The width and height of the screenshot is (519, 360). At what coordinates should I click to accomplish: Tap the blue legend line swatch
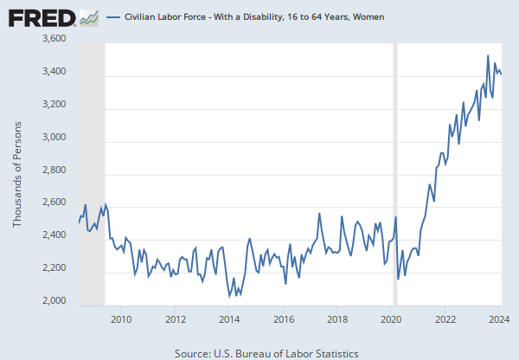112,16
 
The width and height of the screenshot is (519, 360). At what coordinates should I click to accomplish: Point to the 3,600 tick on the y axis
54,39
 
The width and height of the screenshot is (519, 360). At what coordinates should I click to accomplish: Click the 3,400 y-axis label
54,72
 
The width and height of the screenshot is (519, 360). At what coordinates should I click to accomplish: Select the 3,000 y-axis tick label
54,138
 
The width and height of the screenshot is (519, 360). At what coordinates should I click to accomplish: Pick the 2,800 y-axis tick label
54,170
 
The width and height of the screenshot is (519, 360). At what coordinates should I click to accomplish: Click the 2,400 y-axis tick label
54,235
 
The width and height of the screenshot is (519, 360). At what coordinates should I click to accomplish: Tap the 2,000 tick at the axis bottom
54,301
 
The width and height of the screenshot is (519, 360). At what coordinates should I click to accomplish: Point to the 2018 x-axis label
337,318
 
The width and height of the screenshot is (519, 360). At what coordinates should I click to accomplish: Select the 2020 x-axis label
392,318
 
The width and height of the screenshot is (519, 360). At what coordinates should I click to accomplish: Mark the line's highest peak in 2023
488,55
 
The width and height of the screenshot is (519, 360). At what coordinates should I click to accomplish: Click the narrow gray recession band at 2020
395,173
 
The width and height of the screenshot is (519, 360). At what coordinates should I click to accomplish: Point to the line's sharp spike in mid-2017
319,214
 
